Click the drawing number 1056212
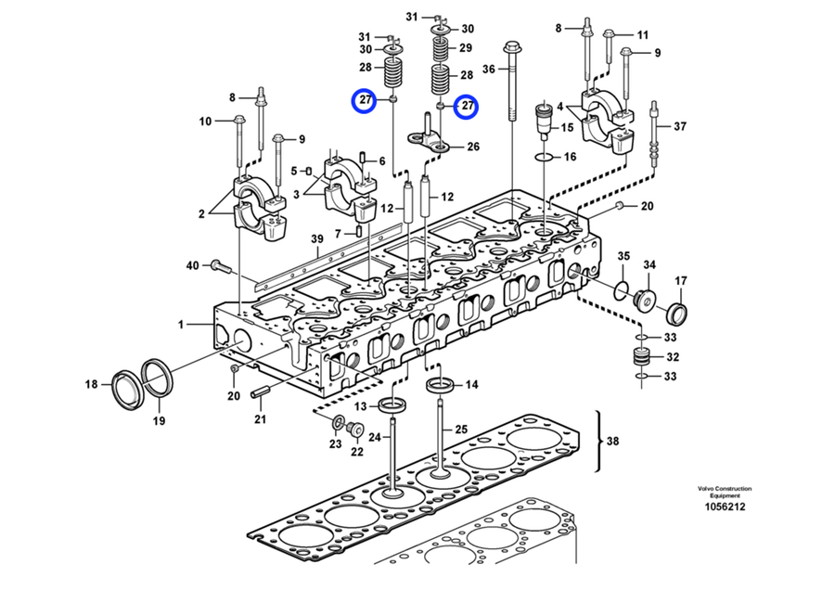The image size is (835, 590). [x=726, y=507]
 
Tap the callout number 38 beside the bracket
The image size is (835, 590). [x=612, y=441]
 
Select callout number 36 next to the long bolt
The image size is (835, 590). [x=489, y=68]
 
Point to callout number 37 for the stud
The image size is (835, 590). [x=680, y=126]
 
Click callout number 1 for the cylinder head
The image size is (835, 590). [x=182, y=324]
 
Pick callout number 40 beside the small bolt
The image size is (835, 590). [x=192, y=265]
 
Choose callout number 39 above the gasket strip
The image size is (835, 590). [x=316, y=238]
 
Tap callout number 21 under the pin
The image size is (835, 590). [x=261, y=420]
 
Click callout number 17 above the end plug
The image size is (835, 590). [x=680, y=280]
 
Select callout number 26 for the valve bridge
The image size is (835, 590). [x=473, y=146]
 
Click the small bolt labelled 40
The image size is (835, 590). [x=219, y=266]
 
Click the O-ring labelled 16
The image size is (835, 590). [x=545, y=157]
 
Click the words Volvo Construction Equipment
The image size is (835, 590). [x=726, y=492]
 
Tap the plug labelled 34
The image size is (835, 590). [x=641, y=299]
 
